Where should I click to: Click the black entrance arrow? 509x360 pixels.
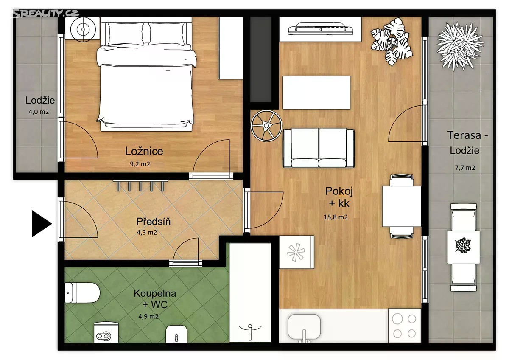pyautogui.click(x=41, y=224)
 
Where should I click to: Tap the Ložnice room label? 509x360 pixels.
pyautogui.click(x=144, y=151)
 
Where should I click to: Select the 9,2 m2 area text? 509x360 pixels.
pyautogui.click(x=140, y=164)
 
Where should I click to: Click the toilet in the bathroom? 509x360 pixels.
pyautogui.click(x=82, y=292)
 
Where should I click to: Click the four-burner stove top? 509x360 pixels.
pyautogui.click(x=405, y=326)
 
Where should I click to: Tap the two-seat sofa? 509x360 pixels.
pyautogui.click(x=319, y=148)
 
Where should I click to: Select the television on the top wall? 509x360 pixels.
pyautogui.click(x=321, y=28)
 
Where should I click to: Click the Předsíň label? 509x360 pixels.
pyautogui.click(x=154, y=222)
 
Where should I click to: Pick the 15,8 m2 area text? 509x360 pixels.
pyautogui.click(x=336, y=217)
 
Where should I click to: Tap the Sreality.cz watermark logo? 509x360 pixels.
pyautogui.click(x=45, y=14)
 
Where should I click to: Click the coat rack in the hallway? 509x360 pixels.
pyautogui.click(x=140, y=186)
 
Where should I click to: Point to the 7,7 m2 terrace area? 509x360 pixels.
pyautogui.click(x=465, y=168)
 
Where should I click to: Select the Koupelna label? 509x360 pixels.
pyautogui.click(x=155, y=293)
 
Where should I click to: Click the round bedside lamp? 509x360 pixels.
pyautogui.click(x=83, y=29)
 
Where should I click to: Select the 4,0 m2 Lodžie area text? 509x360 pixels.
pyautogui.click(x=39, y=112)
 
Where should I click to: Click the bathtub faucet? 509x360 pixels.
pyautogui.click(x=250, y=331)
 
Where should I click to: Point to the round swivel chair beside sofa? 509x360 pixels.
pyautogui.click(x=266, y=126)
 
